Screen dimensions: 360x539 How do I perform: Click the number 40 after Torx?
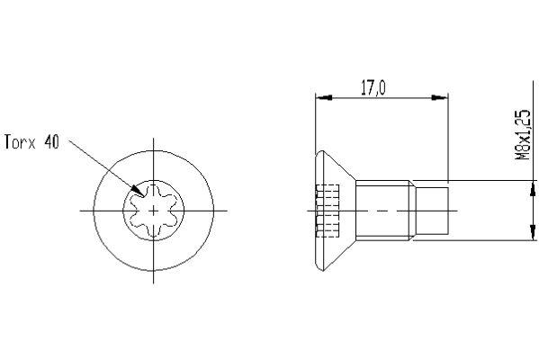click(50, 143)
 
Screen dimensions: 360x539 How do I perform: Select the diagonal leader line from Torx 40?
click(99, 166)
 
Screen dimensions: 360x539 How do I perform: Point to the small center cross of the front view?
click(155, 209)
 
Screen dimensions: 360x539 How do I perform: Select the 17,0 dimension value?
click(373, 89)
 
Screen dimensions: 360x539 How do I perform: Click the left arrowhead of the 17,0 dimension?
click(319, 98)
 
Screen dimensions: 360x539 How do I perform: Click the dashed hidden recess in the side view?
click(329, 209)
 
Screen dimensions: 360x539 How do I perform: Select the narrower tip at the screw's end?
click(432, 210)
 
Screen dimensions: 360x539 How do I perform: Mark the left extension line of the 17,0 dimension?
click(314, 126)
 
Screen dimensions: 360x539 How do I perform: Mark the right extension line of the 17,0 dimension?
click(448, 135)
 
